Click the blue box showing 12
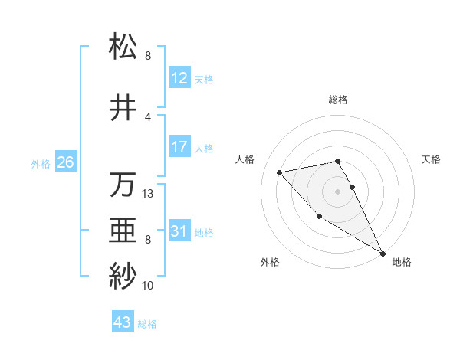coord(179,79)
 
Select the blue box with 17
coord(179,147)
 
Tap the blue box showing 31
coord(179,232)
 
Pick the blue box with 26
coord(65,162)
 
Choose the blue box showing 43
coord(123,323)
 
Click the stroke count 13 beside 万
coord(149,194)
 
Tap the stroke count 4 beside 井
coord(148,117)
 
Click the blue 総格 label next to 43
coord(147,324)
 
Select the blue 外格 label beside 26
coord(41,163)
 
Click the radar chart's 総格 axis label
coord(338,100)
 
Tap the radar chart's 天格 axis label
coord(432,159)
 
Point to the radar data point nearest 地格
coord(383,254)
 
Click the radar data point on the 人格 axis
coord(280,172)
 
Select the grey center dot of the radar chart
coord(338,191)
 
